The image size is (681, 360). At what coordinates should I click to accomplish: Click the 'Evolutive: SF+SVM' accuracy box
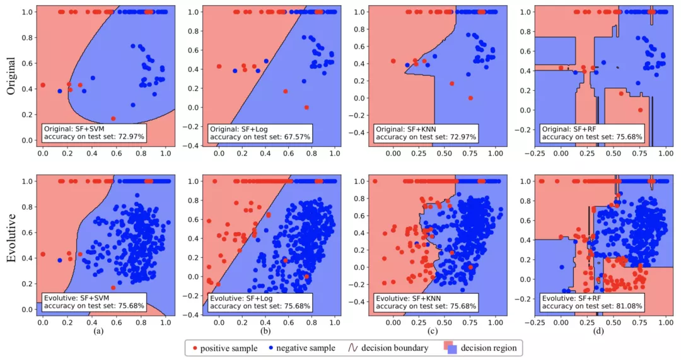coord(94,301)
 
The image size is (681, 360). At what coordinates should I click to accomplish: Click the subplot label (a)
coord(97,330)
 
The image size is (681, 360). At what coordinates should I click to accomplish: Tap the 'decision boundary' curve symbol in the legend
coord(354,347)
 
